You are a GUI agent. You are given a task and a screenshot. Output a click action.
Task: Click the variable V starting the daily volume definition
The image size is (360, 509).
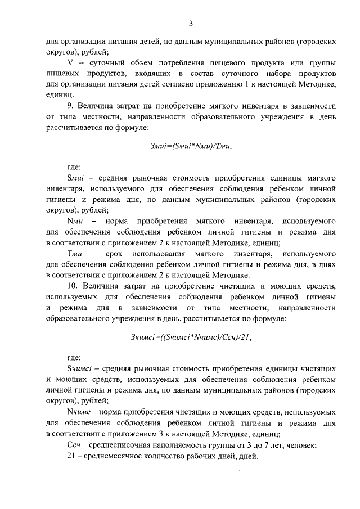pos(70,62)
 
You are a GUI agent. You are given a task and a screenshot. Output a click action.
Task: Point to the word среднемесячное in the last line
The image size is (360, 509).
pos(116,456)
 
